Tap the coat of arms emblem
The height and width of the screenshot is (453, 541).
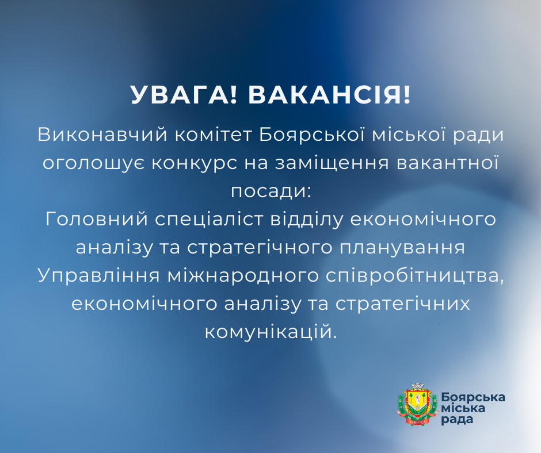[414, 404]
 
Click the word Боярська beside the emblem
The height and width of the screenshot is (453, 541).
[474, 397]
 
